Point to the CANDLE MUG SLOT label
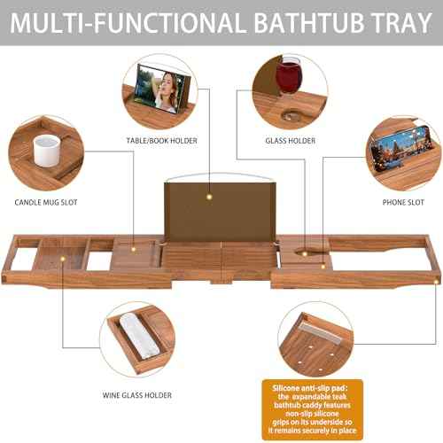pos(46,203)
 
